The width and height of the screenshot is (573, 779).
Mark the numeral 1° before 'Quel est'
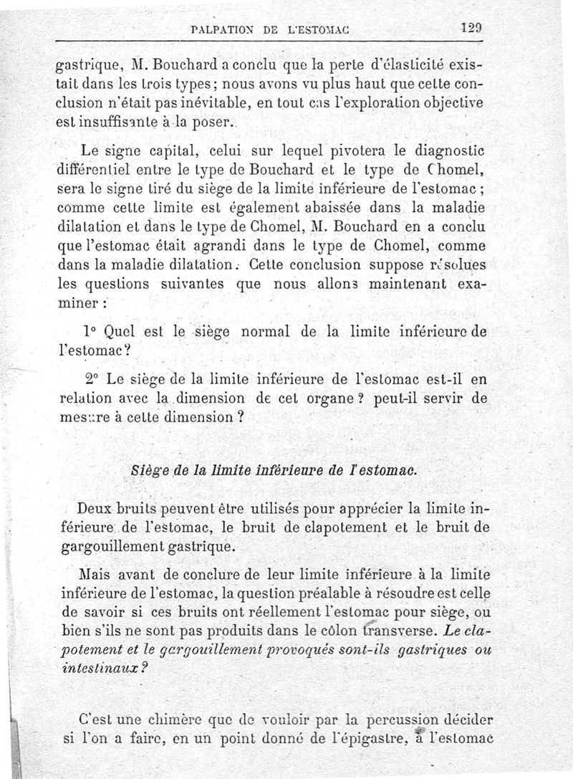point(92,333)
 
